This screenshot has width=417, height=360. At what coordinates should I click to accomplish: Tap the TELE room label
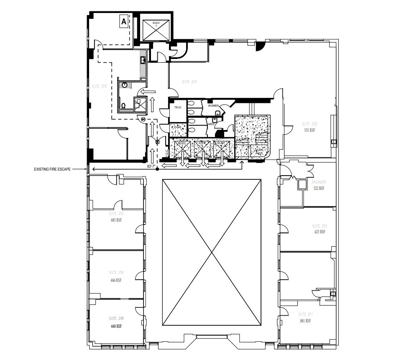point(177,107)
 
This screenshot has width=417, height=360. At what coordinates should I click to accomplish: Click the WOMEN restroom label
point(213,106)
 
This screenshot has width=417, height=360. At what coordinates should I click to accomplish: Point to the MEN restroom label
point(211,124)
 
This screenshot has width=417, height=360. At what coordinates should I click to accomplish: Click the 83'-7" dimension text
point(151,166)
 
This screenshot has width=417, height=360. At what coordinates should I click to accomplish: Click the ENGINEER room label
point(319,182)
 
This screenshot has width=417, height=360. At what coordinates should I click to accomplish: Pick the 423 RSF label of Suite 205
point(319,231)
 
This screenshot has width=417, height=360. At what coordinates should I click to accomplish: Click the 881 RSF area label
point(305,321)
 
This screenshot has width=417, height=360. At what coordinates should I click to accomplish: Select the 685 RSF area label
point(116,220)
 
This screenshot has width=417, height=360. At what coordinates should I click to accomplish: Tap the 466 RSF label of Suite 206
point(115,280)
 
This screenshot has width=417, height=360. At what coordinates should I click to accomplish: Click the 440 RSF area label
point(115,326)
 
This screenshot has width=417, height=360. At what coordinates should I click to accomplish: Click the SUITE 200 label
point(99,87)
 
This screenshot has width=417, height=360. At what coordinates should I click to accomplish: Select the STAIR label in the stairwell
point(260,149)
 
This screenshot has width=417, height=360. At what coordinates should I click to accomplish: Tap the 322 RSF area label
point(319,188)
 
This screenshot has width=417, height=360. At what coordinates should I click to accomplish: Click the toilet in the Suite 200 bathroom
point(124,105)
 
